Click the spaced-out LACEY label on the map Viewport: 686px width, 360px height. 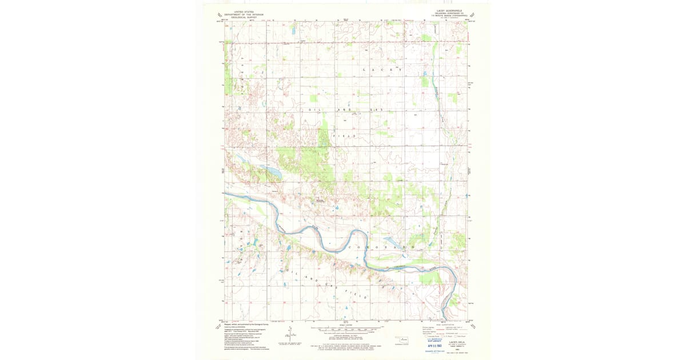(381, 70)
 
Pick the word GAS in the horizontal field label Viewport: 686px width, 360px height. (375, 109)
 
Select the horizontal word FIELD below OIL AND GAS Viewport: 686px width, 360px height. (345, 137)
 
